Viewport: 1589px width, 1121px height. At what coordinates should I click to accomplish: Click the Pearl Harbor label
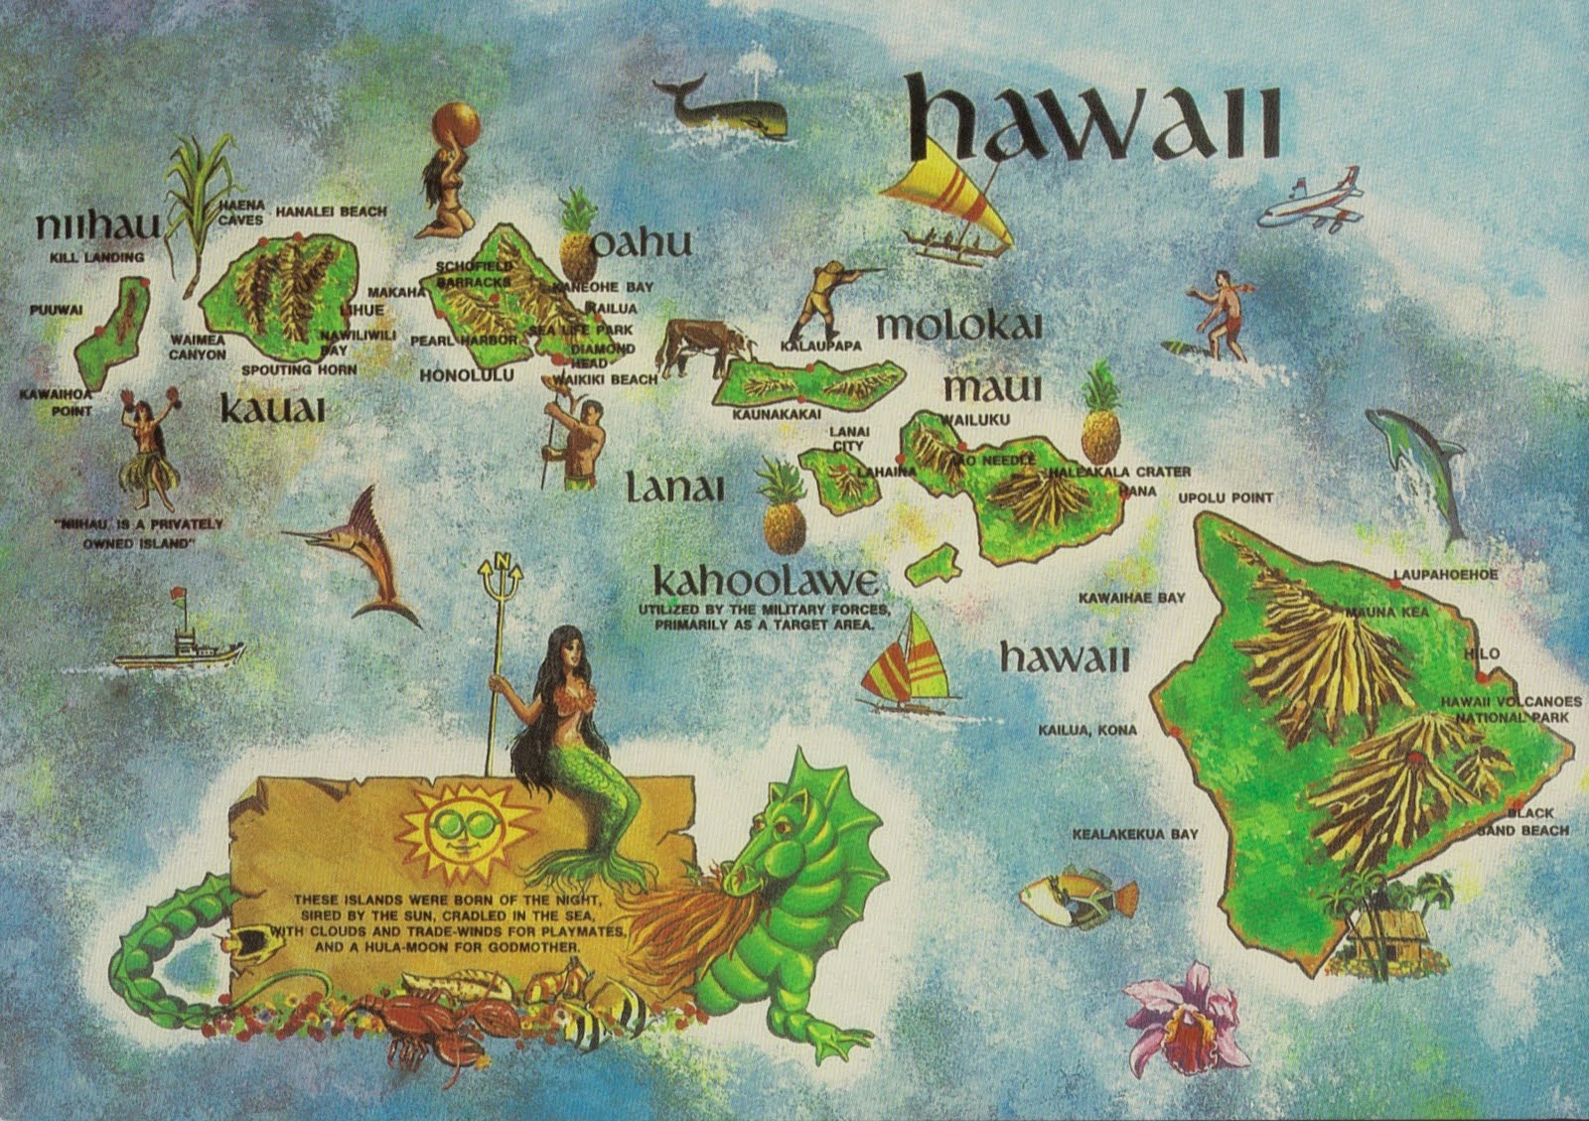point(464,341)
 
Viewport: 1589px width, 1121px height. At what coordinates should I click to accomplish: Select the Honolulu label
point(467,375)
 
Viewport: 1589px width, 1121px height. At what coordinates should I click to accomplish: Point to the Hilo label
point(1482,653)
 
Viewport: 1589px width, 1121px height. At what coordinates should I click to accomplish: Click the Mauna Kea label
point(1387,612)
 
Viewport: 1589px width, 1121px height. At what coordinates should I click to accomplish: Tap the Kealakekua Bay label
point(1134,834)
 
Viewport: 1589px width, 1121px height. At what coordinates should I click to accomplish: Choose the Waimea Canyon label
point(197,347)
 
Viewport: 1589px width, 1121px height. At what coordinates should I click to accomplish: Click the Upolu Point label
point(1225,497)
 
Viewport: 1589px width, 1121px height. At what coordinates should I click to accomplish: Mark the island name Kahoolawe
point(766,581)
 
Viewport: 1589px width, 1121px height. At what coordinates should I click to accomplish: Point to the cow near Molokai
point(703,346)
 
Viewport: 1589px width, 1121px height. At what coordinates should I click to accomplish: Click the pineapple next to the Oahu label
point(577,238)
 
